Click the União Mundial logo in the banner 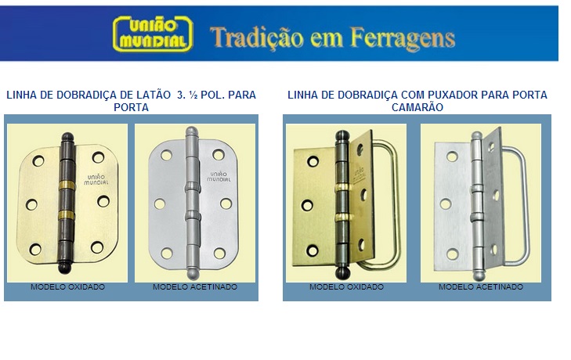point(153,34)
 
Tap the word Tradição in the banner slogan point(257,38)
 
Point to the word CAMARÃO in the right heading point(417,107)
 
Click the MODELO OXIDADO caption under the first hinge point(67,287)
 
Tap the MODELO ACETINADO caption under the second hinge point(195,287)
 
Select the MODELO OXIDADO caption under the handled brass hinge point(346,287)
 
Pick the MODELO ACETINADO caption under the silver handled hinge point(481,287)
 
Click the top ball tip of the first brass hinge point(67,137)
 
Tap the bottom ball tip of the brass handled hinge point(342,272)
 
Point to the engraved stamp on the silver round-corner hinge point(219,177)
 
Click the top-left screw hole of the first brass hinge point(38,160)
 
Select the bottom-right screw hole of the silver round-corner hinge point(219,253)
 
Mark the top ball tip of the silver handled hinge point(476,135)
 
